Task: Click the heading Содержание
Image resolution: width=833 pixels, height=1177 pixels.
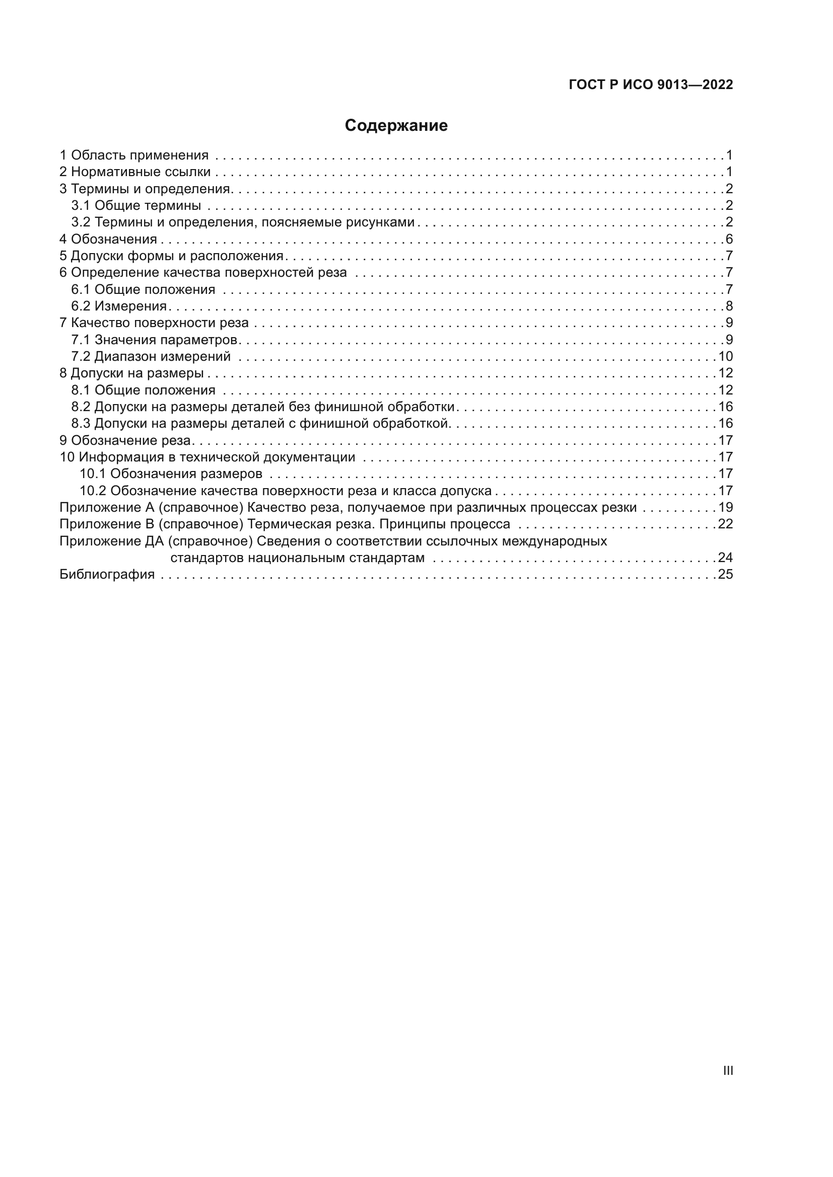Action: (x=396, y=126)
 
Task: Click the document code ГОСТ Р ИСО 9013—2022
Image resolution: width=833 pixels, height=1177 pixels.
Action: (x=650, y=85)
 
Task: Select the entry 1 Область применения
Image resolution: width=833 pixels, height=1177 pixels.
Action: (x=134, y=155)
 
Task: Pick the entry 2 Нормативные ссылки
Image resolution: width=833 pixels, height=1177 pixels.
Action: (x=135, y=172)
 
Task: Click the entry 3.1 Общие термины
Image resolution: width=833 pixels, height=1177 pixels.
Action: (x=136, y=206)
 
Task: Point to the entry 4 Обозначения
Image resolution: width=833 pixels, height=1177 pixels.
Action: (x=108, y=239)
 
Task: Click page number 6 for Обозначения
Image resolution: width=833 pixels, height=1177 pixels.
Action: (x=729, y=239)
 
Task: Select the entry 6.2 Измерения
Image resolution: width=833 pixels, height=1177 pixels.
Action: (x=119, y=306)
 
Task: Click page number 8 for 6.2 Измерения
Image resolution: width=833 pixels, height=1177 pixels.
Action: (x=729, y=306)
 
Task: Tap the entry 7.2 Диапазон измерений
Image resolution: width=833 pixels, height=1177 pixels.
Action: (x=151, y=356)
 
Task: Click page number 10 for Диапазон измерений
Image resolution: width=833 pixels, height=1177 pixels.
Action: (x=725, y=356)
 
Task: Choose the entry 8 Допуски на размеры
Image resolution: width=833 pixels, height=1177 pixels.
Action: (x=132, y=373)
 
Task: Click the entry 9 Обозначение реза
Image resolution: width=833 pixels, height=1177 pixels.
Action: (x=125, y=440)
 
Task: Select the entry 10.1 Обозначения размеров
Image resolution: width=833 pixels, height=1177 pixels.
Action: (x=171, y=474)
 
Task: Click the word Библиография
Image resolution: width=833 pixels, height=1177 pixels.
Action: (x=107, y=574)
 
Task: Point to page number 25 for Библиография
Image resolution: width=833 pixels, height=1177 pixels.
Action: (x=725, y=574)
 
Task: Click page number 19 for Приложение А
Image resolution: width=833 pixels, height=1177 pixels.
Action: (x=725, y=508)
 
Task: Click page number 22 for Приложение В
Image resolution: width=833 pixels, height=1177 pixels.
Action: (x=725, y=524)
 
